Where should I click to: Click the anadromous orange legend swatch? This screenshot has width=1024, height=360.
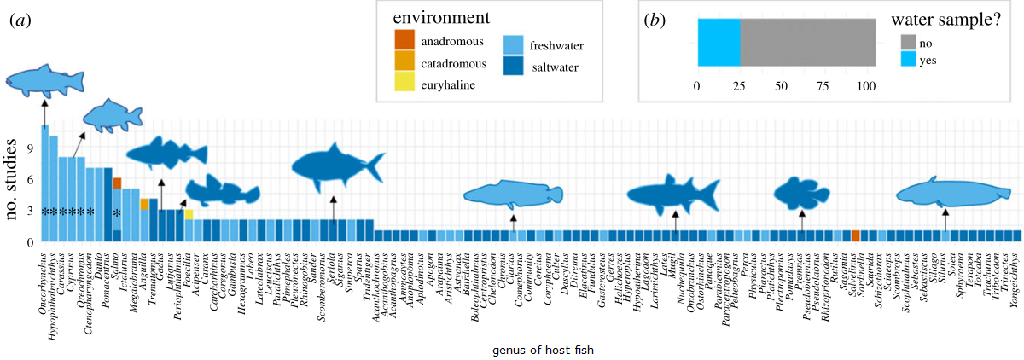(x=405, y=40)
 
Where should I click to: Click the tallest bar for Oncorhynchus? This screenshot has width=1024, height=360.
(x=44, y=183)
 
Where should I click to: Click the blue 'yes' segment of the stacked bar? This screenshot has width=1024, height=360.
(x=719, y=43)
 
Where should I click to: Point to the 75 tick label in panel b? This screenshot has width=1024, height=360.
(x=823, y=87)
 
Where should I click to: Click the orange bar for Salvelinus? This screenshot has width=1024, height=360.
(x=856, y=235)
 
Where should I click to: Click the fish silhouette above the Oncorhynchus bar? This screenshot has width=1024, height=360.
(x=46, y=79)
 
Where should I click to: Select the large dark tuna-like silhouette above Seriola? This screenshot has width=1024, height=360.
(x=337, y=167)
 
